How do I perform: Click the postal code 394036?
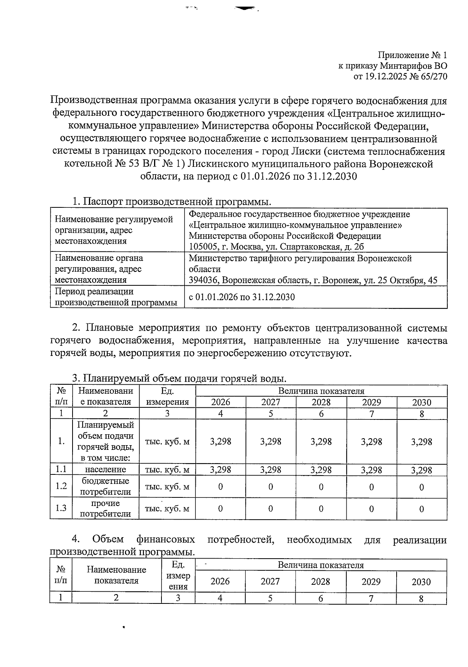pyautogui.click(x=202, y=280)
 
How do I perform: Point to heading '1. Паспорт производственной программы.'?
pyautogui.click(x=172, y=202)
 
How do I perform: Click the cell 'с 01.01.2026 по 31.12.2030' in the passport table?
pyautogui.click(x=242, y=297)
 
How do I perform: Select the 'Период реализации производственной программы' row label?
pyautogui.click(x=116, y=297)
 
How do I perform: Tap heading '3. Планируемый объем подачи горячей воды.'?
pyautogui.click(x=179, y=378)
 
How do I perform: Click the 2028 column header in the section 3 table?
pyautogui.click(x=321, y=402)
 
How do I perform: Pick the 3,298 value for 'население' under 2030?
pyautogui.click(x=422, y=470)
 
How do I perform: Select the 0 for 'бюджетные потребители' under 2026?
pyautogui.click(x=221, y=487)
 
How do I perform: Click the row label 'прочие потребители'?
pyautogui.click(x=105, y=508)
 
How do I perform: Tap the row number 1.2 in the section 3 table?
pyautogui.click(x=61, y=486)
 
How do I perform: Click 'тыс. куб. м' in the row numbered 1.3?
pyautogui.click(x=167, y=509)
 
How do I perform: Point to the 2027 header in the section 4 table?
pyautogui.click(x=270, y=582)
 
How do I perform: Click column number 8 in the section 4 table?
pyautogui.click(x=421, y=598)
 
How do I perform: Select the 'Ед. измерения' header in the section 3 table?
pyautogui.click(x=167, y=396)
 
